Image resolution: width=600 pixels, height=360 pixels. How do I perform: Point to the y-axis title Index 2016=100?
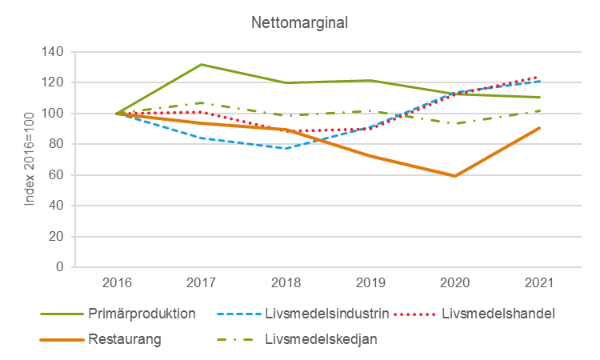tap(30, 158)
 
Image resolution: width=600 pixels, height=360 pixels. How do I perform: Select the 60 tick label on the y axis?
tap(56, 175)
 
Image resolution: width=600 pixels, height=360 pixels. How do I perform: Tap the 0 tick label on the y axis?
tap(60, 267)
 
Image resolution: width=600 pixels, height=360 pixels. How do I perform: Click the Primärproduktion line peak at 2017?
tap(201, 64)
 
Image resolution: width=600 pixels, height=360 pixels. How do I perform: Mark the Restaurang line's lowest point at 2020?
tap(454, 176)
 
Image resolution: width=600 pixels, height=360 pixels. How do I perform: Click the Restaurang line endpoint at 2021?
tap(538, 128)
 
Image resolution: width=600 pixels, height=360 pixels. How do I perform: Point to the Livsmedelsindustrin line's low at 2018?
tap(286, 148)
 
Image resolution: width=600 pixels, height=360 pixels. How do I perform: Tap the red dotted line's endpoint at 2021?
tap(538, 77)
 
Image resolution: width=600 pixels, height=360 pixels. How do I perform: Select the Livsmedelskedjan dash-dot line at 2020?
tap(454, 123)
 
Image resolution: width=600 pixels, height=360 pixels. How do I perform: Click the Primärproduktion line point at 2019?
tap(370, 80)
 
